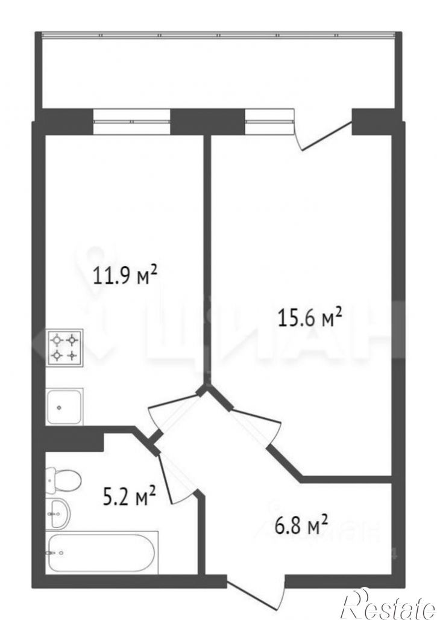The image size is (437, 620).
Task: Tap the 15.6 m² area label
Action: pyautogui.click(x=310, y=317)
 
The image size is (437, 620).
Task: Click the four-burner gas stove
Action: pyautogui.click(x=64, y=347)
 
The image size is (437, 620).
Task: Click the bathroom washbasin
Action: pyautogui.click(x=58, y=512)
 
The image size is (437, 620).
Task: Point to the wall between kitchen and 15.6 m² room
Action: pyautogui.click(x=207, y=259)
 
